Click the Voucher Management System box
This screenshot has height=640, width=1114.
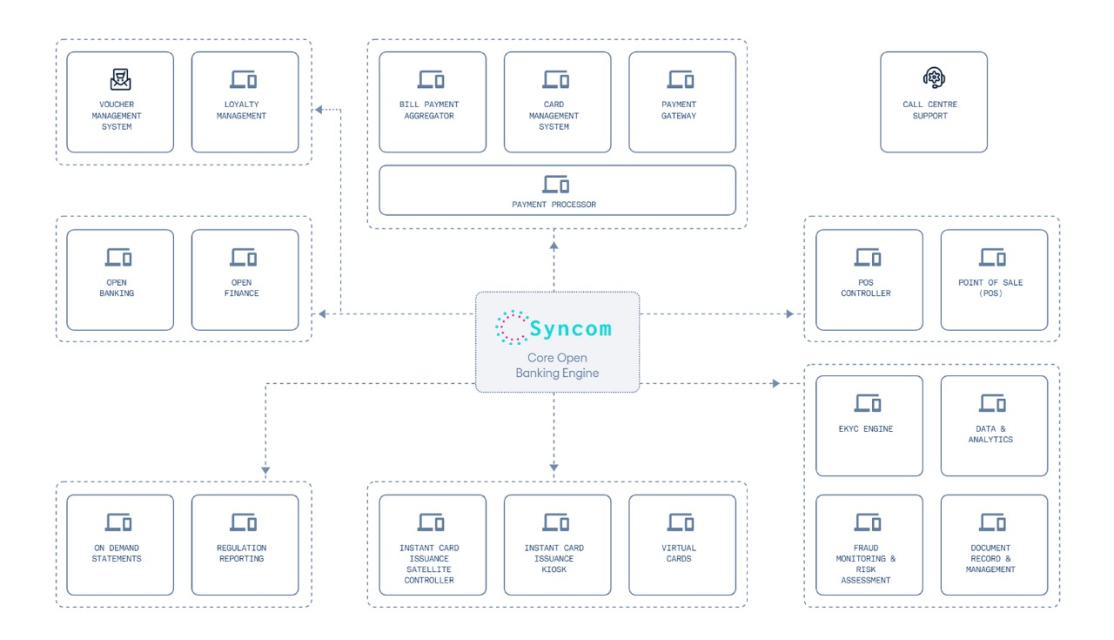(120, 102)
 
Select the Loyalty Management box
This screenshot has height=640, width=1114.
(245, 102)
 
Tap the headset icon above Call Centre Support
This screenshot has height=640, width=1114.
(934, 78)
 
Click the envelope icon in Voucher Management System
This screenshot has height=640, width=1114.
(120, 80)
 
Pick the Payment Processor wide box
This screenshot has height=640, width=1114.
(557, 190)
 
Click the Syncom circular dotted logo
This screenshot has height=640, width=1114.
(512, 327)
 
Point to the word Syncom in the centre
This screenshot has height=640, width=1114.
(571, 328)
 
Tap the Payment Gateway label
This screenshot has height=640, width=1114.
(679, 110)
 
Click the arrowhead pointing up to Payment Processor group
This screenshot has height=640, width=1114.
(554, 246)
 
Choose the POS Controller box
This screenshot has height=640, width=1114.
(869, 280)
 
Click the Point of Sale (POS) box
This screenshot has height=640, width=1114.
(994, 280)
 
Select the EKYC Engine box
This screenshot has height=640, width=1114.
(869, 426)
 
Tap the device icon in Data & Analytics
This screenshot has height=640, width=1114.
(993, 403)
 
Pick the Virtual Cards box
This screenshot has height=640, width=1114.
(681, 544)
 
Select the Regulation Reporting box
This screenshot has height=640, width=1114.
(245, 544)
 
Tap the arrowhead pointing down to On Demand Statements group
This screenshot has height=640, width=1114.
(265, 470)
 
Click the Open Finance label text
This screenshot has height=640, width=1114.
(242, 288)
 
